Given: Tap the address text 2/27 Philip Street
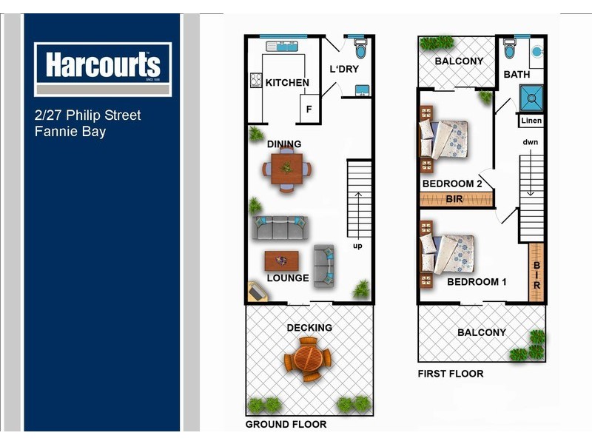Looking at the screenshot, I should coord(88,115).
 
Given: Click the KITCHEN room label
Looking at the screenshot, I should coord(287,82).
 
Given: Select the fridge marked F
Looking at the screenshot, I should coord(309,110).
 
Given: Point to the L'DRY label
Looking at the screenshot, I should coord(344,70).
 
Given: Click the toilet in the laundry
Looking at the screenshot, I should coord(360,50).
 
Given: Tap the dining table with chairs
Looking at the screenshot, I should coord(286,168).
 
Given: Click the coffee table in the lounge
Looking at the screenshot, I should coord(282,260).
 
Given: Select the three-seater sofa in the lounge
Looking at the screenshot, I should coord(279,227).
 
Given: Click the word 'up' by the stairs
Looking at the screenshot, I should coord(357,246).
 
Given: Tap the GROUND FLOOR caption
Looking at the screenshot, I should coord(286,424).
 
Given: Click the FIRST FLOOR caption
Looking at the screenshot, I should coord(451,374).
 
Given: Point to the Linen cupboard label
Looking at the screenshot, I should coord(531,121).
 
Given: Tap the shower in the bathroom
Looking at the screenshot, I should coord(531,97).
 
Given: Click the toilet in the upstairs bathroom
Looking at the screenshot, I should coord(510,48).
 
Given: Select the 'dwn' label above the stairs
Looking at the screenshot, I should coord(530,142).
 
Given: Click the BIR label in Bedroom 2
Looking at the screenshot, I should coord(455,199).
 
